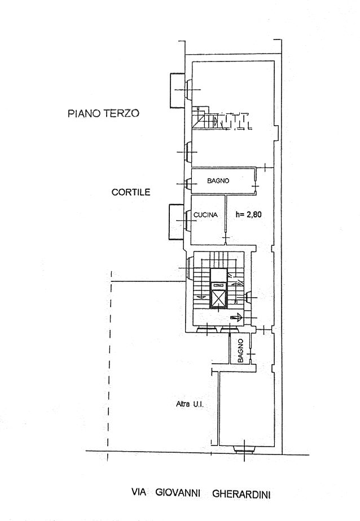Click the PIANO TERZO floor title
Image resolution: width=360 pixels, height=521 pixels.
pyautogui.click(x=103, y=113)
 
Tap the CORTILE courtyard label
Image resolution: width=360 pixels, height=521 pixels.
pyautogui.click(x=131, y=192)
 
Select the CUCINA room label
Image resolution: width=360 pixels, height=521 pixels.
pyautogui.click(x=205, y=215)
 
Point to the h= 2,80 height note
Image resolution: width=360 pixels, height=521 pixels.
pyautogui.click(x=249, y=215)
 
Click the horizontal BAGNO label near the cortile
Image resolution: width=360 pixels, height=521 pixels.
pyautogui.click(x=218, y=181)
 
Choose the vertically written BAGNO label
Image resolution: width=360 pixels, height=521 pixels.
pyautogui.click(x=240, y=351)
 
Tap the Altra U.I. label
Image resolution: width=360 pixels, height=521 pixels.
pyautogui.click(x=190, y=404)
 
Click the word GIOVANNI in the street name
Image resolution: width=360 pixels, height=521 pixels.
pyautogui.click(x=178, y=492)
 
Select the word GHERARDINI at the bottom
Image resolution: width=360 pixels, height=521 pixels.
pyautogui.click(x=242, y=494)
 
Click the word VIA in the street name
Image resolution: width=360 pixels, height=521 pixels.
pyautogui.click(x=139, y=492)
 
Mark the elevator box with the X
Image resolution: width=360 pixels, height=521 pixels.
pyautogui.click(x=218, y=298)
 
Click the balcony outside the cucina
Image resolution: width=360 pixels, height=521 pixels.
pyautogui.click(x=176, y=222)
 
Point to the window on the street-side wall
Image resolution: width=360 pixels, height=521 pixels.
pyautogui.click(x=244, y=450)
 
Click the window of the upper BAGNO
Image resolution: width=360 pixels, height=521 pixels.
pyautogui.click(x=188, y=184)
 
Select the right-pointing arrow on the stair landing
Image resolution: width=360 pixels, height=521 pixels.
pyautogui.click(x=236, y=318)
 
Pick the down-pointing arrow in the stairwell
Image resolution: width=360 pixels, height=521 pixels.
pyautogui.click(x=200, y=297)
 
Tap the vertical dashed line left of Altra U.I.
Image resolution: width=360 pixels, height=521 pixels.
pyautogui.click(x=109, y=366)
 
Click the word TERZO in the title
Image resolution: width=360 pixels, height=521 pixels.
pyautogui.click(x=121, y=113)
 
